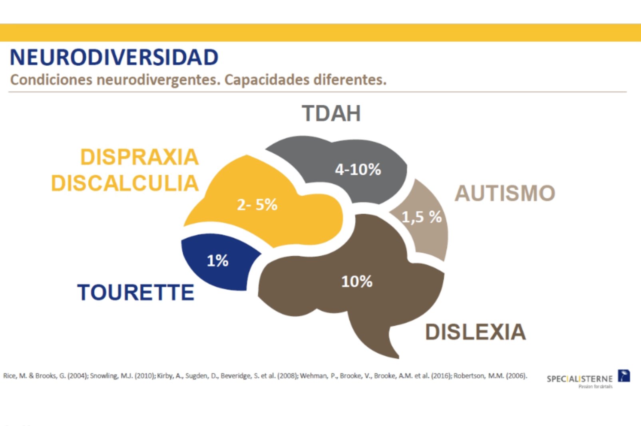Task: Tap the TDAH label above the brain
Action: coord(331,113)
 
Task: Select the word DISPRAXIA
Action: coord(139,157)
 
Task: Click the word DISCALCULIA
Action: coord(125,183)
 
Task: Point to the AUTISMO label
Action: coord(505,193)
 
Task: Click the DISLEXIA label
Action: coord(475,332)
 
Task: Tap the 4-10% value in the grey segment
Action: coord(358,170)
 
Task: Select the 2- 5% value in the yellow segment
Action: coord(257,205)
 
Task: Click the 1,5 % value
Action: coord(421,217)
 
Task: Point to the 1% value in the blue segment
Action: coord(217,261)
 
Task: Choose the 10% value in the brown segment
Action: coord(356,281)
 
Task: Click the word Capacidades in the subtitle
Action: coord(267,80)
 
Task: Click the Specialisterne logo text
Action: coord(579,378)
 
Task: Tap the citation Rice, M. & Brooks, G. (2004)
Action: coord(46,376)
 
